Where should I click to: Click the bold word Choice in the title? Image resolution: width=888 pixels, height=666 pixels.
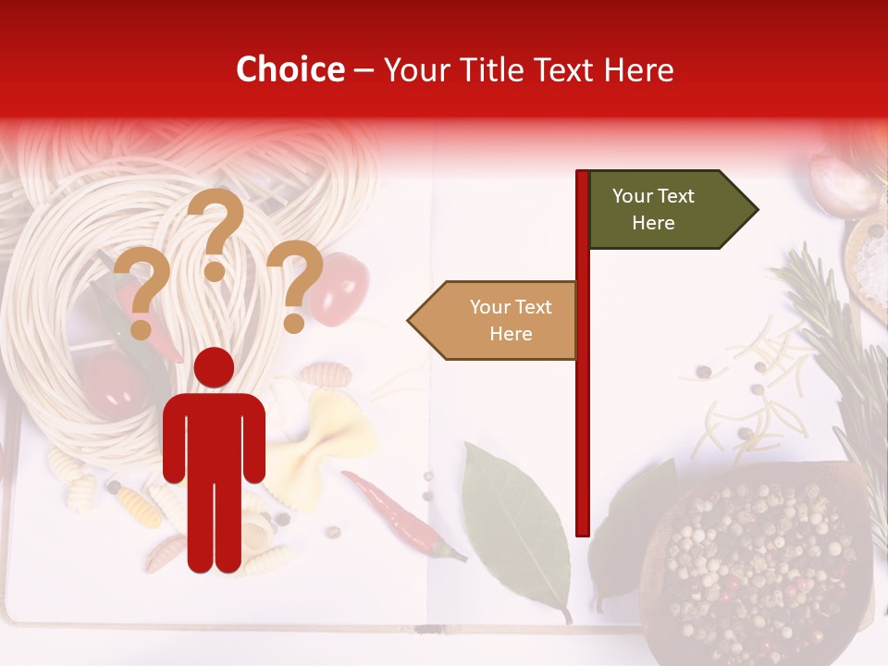coord(290,69)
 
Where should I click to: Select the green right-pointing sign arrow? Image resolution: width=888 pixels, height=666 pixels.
coord(671,210)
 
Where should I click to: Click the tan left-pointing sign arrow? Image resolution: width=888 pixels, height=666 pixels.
coord(494,320)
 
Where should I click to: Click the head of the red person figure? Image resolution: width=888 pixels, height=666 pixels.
coord(214,368)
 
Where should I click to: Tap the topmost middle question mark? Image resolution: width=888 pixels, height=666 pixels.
coord(216,231)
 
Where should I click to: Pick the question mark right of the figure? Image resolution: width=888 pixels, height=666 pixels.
coord(296,282)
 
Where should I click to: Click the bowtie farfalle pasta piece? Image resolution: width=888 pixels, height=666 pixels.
coord(328,425)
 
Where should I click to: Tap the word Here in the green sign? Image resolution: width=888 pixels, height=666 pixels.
coord(653,223)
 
